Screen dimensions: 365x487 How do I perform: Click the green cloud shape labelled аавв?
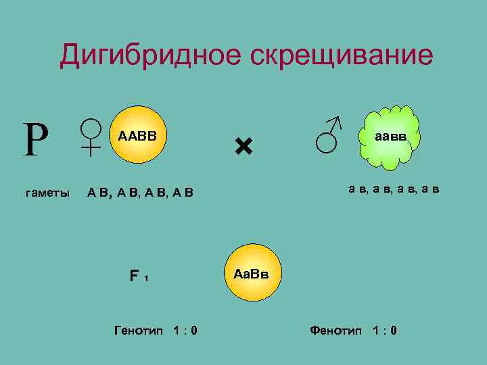(391, 137)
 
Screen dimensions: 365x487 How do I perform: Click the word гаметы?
(47, 193)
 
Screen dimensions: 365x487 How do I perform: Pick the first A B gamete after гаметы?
(99, 194)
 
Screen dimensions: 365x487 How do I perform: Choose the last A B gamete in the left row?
(183, 194)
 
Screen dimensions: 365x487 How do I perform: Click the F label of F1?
(135, 276)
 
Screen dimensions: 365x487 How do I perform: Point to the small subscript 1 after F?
(146, 278)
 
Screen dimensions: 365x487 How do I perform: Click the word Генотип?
(139, 331)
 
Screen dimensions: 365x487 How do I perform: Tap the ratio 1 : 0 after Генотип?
(185, 331)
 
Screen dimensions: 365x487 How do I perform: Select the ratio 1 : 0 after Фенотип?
(384, 331)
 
